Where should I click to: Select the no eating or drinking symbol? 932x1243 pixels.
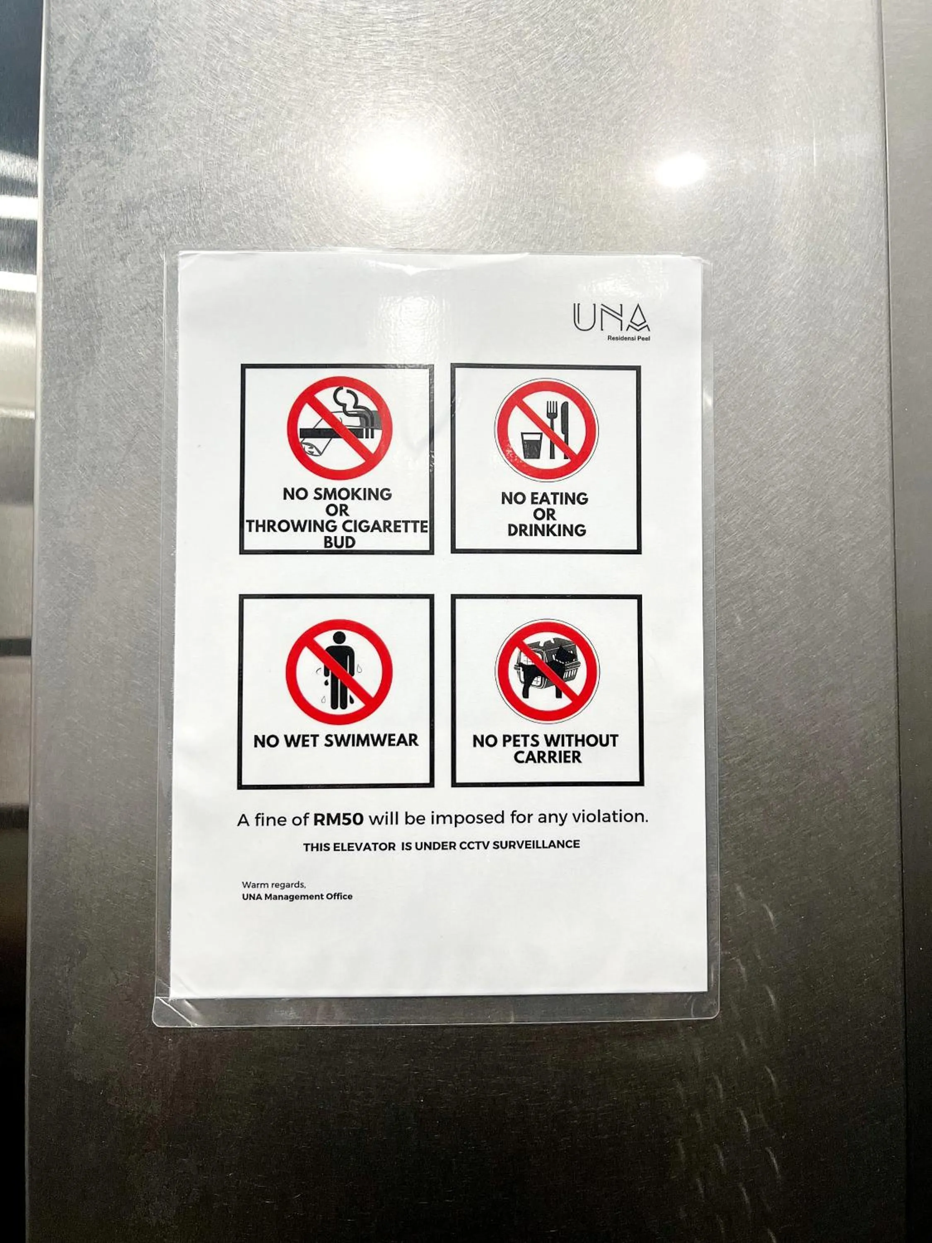(546, 430)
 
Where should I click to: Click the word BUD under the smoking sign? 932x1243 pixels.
(339, 543)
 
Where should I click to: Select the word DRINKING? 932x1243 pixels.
(546, 530)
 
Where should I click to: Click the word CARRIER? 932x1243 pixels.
(547, 757)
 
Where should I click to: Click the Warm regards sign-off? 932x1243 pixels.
(273, 885)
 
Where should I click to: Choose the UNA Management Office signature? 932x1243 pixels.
(297, 897)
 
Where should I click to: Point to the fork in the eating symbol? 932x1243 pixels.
(553, 427)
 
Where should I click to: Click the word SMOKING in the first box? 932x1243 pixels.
(352, 494)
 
